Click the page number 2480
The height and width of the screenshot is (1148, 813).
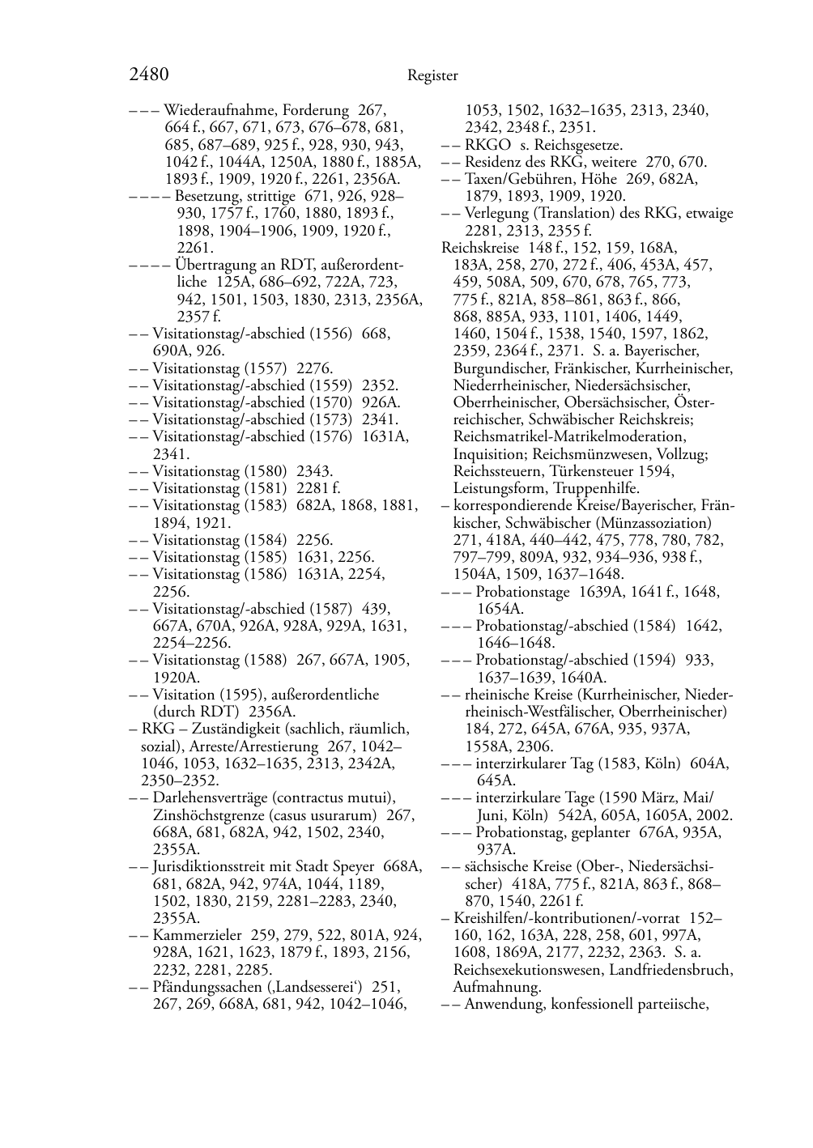[148, 75]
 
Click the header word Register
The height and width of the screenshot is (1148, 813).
[432, 76]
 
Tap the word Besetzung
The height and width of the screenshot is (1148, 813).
[206, 196]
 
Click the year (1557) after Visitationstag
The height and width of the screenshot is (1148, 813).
[266, 368]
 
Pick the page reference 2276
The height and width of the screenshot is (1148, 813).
[315, 368]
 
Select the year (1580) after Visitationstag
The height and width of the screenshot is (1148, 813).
[266, 471]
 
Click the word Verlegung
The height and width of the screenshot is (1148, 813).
[495, 214]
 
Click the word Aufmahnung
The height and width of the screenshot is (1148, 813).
[497, 987]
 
